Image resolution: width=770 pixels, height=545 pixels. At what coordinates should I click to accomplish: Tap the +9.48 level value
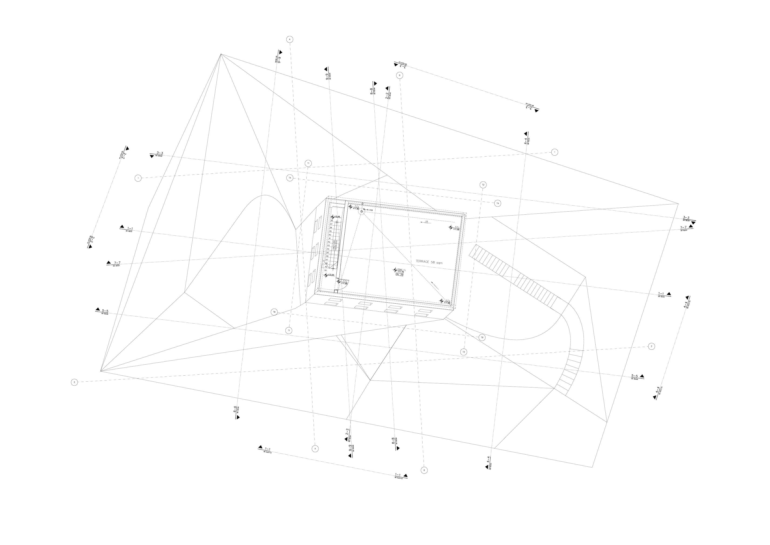click(337, 217)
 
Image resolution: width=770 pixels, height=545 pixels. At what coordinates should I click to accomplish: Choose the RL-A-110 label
click(368, 210)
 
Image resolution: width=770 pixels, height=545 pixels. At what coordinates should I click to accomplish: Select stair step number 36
click(331, 220)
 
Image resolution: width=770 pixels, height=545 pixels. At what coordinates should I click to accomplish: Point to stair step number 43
click(329, 245)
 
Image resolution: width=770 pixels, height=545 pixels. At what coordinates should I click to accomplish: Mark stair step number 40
click(330, 235)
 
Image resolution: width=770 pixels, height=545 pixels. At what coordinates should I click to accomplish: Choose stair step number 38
click(331, 228)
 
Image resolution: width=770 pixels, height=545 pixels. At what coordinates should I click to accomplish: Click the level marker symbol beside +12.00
click(326, 275)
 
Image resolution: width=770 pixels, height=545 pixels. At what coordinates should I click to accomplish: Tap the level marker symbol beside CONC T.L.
click(395, 270)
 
